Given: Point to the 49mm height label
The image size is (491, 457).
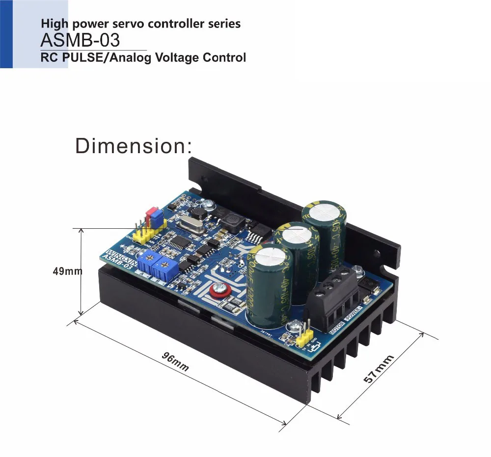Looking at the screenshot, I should click(67, 270).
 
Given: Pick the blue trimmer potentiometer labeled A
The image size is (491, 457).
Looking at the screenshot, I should click(144, 258).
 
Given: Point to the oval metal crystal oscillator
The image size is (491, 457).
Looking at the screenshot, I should click(189, 225).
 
